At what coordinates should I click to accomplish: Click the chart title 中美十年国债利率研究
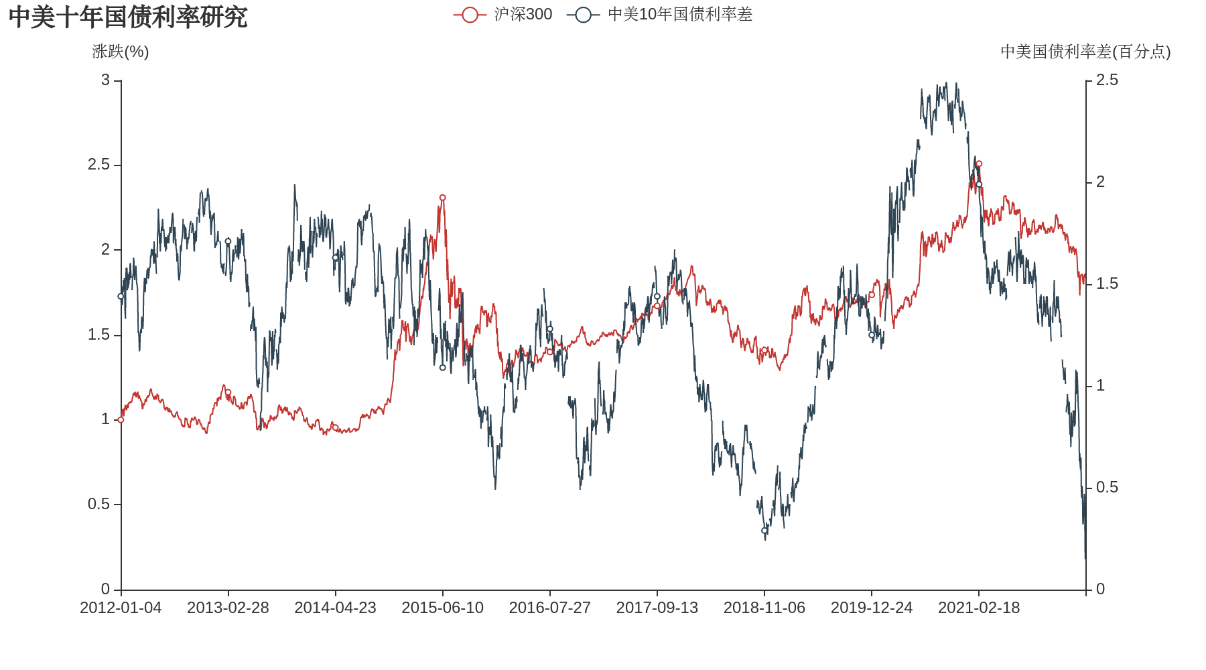pyautogui.click(x=128, y=17)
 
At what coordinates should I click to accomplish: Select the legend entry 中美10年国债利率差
pyautogui.click(x=660, y=14)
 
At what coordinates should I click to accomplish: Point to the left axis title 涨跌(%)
pyautogui.click(x=121, y=52)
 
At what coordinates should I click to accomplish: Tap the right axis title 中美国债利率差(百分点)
pyautogui.click(x=1085, y=52)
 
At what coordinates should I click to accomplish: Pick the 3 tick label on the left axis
pyautogui.click(x=105, y=80)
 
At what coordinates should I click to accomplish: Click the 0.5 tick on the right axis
pyautogui.click(x=1107, y=487)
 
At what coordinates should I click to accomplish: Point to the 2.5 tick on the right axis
pyautogui.click(x=1107, y=80)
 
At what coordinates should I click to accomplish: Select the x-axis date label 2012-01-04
pyautogui.click(x=121, y=608)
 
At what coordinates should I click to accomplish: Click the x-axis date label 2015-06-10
pyautogui.click(x=442, y=608)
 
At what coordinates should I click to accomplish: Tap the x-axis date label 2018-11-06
pyautogui.click(x=764, y=608)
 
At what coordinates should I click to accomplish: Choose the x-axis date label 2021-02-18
pyautogui.click(x=979, y=608)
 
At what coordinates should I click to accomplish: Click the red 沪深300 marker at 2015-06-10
pyautogui.click(x=442, y=198)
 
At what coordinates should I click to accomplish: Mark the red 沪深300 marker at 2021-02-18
pyautogui.click(x=979, y=163)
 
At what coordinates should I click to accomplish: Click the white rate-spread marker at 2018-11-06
pyautogui.click(x=764, y=531)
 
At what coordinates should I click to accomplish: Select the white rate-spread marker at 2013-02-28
pyautogui.click(x=228, y=241)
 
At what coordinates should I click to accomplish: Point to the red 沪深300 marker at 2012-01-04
pyautogui.click(x=121, y=420)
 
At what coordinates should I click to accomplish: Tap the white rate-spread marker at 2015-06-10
pyautogui.click(x=442, y=368)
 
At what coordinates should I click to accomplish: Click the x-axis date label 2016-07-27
pyautogui.click(x=549, y=608)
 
